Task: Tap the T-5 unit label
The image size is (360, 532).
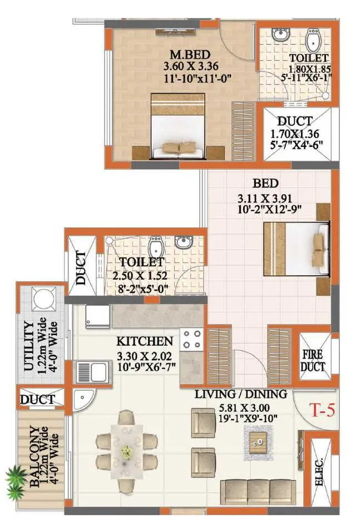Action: [x=323, y=411]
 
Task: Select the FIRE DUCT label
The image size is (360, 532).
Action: [x=313, y=360]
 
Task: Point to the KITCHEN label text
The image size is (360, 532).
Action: [x=145, y=341]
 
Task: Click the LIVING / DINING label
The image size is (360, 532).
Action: [x=240, y=394]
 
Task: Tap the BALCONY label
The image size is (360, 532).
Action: [x=34, y=457]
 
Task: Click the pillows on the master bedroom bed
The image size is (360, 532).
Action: [x=178, y=147]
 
